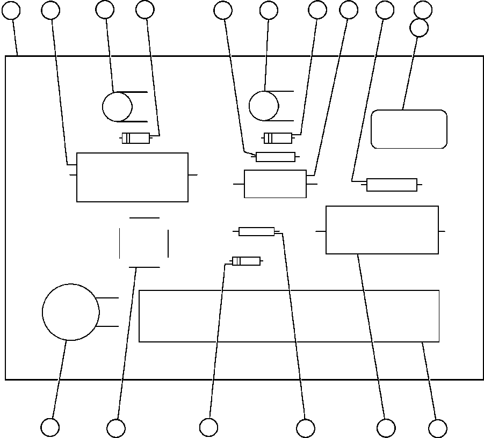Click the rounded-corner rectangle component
pos(409,129)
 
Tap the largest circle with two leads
pos(70,312)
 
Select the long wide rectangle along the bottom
pos(289,316)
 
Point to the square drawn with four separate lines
pos(144,242)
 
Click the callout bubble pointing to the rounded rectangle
pos(419,28)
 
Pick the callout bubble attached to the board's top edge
pos(11,10)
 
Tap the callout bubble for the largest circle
pos(50,427)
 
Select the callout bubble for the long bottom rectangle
pos(437,428)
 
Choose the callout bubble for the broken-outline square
pos(116,428)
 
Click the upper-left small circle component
pos(117,106)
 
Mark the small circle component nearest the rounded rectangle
pos(264,106)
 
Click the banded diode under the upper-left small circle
pos(136,138)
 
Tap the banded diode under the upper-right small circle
pos(278,138)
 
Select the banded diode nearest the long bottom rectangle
pos(246,261)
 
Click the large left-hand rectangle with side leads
pos(132,177)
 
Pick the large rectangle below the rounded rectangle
pos(382,230)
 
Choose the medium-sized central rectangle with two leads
pos(275,184)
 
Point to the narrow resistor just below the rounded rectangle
pos(392,185)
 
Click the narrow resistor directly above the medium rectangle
pos(276,157)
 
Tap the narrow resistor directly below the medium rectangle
pos(256,231)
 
